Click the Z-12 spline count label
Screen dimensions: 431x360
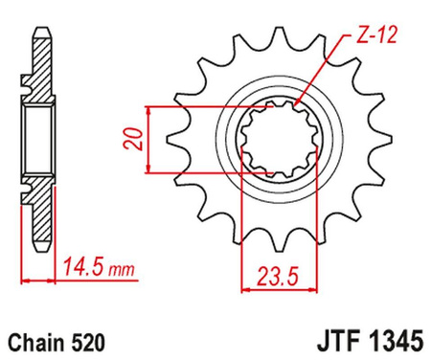[376, 34]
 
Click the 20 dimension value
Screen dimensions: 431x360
[133, 139]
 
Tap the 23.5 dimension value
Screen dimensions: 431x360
[278, 277]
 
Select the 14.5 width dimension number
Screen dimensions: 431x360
[84, 267]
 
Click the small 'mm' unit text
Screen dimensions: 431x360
[122, 270]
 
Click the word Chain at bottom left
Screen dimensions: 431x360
[34, 343]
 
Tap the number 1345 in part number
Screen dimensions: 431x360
[396, 341]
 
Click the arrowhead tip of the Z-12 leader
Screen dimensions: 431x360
[295, 105]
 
